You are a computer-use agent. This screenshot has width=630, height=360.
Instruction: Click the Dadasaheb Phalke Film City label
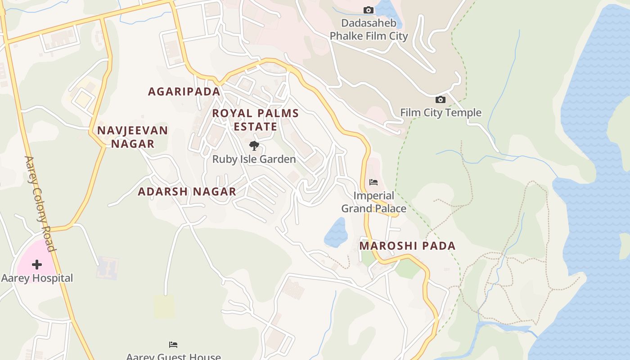point(369,30)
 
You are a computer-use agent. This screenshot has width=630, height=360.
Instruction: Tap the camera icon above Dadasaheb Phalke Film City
point(368,10)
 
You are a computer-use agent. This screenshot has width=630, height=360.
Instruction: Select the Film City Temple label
point(441,112)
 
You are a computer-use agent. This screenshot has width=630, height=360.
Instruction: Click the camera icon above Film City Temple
point(440,99)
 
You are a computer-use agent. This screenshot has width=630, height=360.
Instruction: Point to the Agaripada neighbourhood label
point(184,92)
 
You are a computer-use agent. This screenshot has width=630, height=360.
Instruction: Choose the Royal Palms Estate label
point(255,120)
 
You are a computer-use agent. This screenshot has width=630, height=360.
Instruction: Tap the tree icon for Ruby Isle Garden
point(254,146)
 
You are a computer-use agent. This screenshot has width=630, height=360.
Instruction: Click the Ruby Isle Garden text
point(254,159)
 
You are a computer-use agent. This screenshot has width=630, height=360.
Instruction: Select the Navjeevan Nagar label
point(133,137)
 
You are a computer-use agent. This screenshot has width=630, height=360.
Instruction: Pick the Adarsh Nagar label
point(187,192)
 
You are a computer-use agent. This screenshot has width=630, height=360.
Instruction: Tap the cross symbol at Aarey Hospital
point(37,265)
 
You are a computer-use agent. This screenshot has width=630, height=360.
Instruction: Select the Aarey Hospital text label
point(37,278)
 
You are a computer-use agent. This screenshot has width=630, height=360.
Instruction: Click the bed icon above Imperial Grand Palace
point(373,182)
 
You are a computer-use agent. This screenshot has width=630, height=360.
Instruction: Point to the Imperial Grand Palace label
point(373,202)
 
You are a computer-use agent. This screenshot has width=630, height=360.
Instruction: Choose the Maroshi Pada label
point(407,246)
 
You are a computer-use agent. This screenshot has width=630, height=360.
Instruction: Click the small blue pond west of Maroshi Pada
point(336,233)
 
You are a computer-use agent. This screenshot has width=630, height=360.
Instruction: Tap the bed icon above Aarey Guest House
point(173,345)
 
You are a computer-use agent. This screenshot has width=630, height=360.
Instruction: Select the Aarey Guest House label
point(173,356)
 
